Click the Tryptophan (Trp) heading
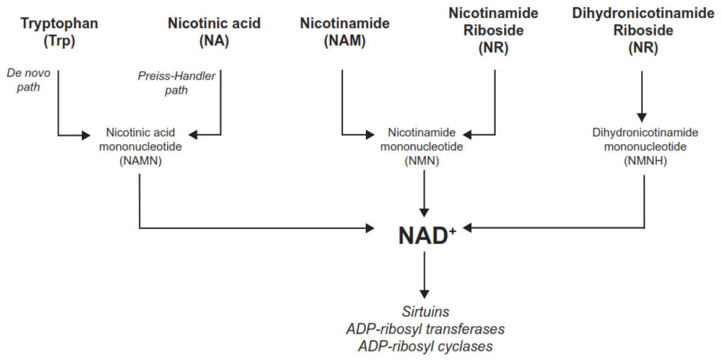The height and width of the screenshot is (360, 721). click(59, 32)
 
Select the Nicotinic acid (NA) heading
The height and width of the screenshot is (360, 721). click(214, 32)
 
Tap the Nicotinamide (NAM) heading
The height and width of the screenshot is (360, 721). click(345, 32)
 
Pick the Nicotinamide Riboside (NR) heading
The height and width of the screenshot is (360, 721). click(493, 30)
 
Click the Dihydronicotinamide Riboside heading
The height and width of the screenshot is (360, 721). click(643, 30)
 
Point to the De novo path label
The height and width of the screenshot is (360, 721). click(29, 80)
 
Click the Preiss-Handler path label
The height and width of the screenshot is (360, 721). click(177, 83)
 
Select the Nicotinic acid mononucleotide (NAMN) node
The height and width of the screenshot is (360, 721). click(141, 147)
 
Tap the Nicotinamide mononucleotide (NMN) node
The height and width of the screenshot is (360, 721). click(422, 147)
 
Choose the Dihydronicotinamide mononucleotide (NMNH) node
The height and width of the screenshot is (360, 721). click(645, 147)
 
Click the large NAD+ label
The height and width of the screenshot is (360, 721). click(427, 235)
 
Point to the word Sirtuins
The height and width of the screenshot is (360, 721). click(425, 312)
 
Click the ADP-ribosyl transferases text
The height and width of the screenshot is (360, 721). click(425, 329)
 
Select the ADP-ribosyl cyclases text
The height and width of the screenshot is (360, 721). click(425, 346)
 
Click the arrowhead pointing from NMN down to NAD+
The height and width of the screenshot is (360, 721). click(424, 213)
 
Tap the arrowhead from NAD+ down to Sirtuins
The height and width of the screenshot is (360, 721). click(424, 294)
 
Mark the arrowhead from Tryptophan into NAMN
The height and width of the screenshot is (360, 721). click(86, 135)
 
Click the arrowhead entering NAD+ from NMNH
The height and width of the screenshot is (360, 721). click(467, 228)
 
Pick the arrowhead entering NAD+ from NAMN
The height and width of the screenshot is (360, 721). click(370, 228)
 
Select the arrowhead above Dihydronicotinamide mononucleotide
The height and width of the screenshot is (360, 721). click(642, 118)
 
